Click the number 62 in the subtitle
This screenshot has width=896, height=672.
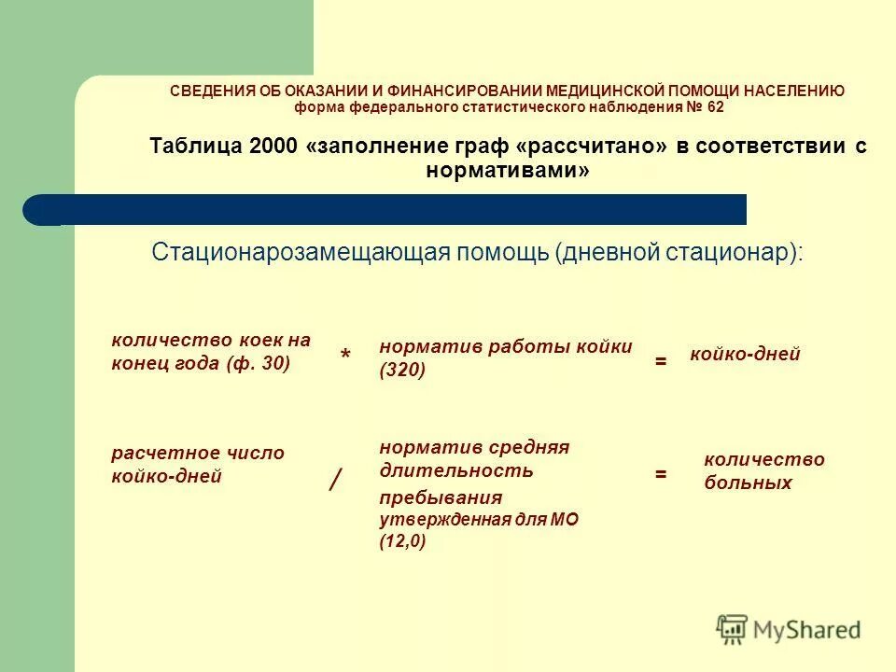(714, 107)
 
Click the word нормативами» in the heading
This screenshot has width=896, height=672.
(508, 171)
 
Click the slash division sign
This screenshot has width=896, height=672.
(335, 480)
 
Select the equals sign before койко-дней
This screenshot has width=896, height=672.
(660, 360)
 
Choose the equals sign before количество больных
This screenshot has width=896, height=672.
(660, 474)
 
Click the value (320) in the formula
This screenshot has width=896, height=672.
(402, 371)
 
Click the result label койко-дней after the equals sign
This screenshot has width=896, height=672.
(745, 355)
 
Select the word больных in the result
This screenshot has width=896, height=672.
(748, 483)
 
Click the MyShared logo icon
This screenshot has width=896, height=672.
(732, 627)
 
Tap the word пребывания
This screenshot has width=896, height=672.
(441, 497)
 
